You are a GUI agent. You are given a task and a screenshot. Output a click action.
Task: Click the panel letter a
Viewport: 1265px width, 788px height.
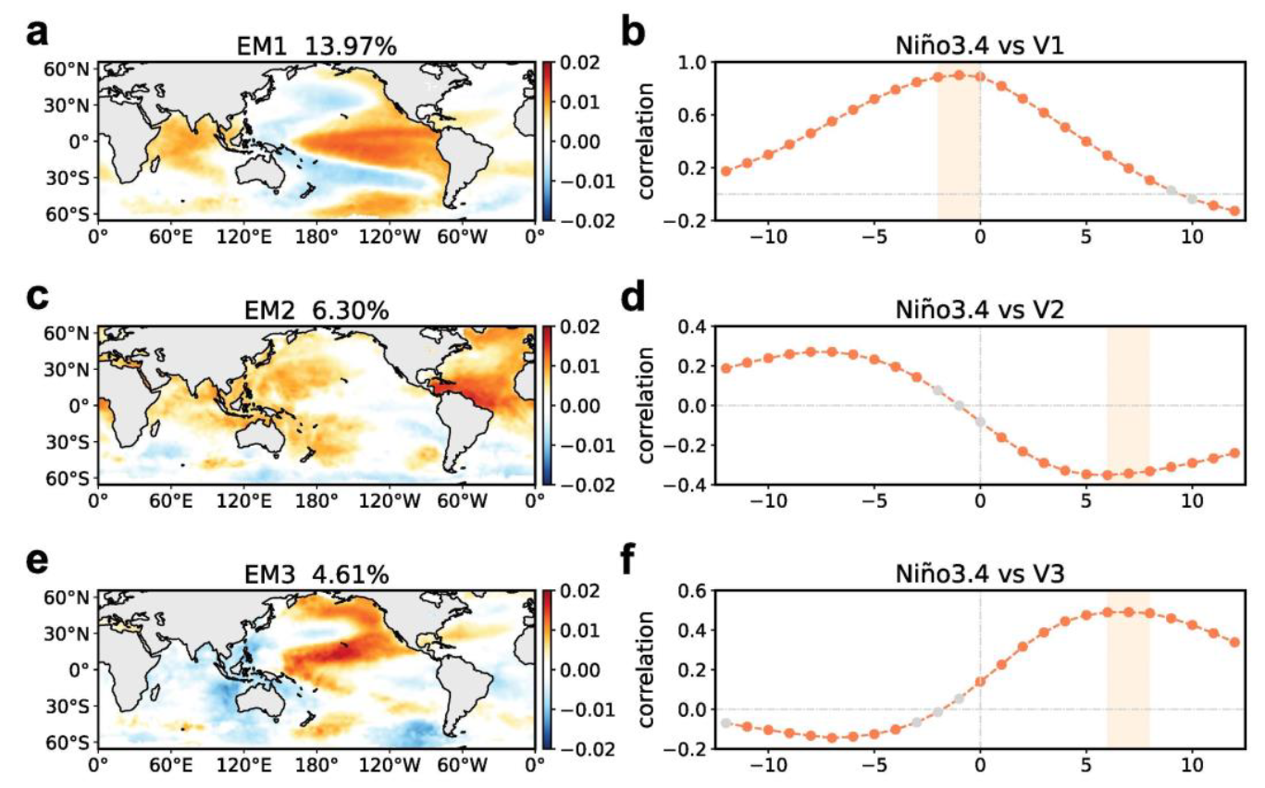point(34,34)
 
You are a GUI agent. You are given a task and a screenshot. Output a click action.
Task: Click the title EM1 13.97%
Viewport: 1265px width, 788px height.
point(316,43)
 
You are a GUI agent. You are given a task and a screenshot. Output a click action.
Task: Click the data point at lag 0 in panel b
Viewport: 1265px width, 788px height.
point(980,77)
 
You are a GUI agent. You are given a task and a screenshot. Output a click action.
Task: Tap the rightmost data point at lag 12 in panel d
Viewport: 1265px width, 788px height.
point(1234,453)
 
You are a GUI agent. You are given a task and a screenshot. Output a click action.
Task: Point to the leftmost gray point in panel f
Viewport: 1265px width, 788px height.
point(726,723)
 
